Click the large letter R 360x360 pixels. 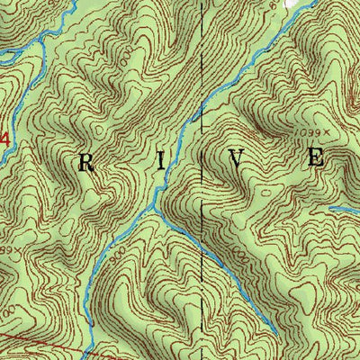coord(87,163)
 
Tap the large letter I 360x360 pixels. coord(161,162)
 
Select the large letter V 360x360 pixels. coord(237,160)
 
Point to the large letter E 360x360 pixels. coord(315,157)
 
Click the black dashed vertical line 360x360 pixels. coord(202,54)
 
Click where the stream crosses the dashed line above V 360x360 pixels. coord(202,97)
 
